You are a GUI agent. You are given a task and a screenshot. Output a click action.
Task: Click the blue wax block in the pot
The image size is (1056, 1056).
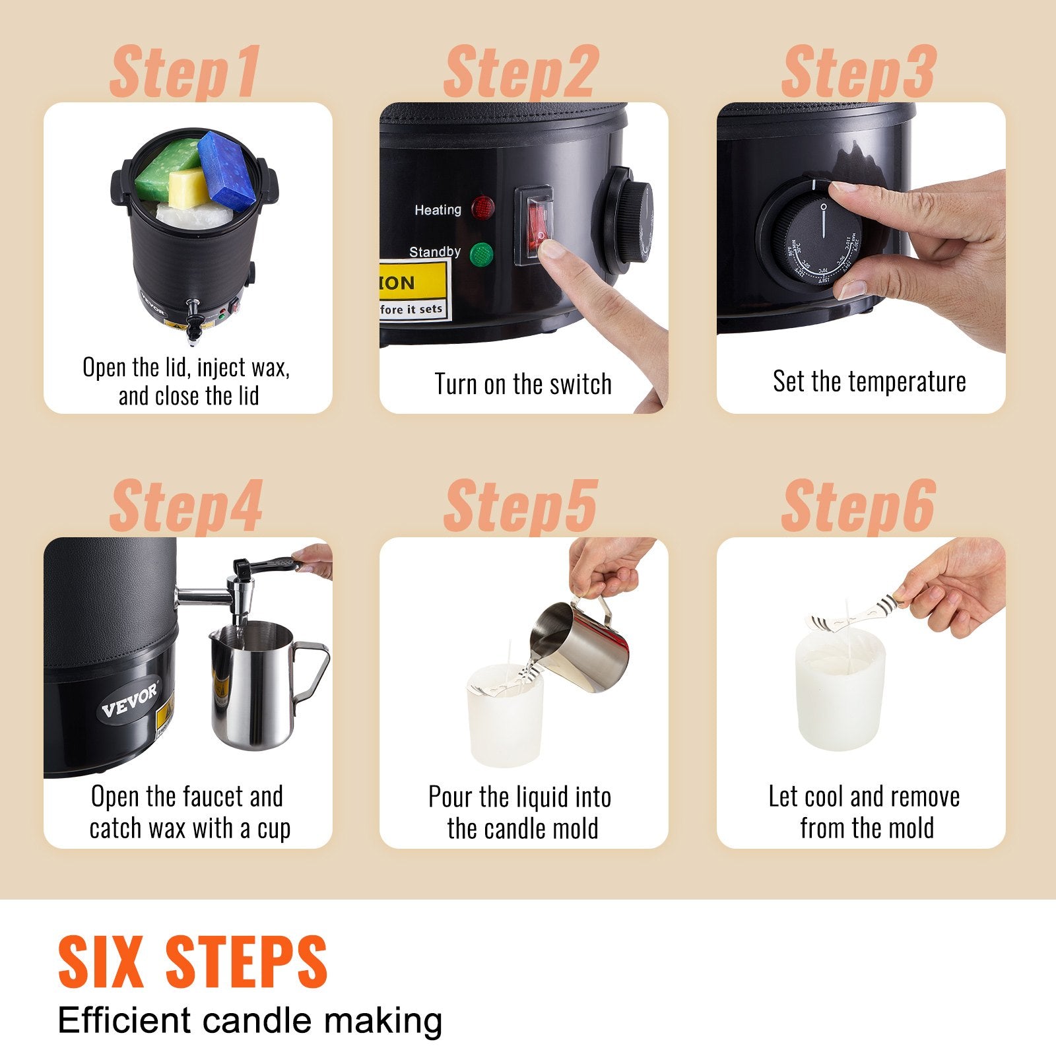tap(227, 168)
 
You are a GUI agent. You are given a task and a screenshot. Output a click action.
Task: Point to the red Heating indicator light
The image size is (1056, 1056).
tap(483, 207)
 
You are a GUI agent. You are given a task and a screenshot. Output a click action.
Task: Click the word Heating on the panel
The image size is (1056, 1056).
tap(438, 210)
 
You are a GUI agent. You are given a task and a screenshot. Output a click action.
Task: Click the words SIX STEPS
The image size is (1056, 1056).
tap(192, 962)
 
